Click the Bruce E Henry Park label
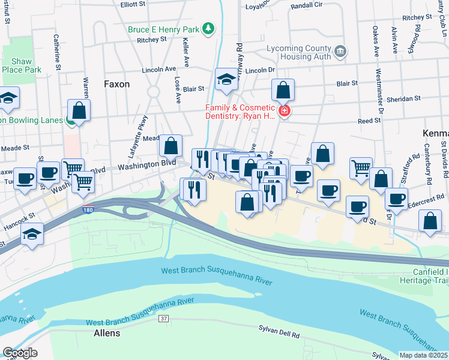click(163, 29)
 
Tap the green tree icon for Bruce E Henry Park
click(208, 28)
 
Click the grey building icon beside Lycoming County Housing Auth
click(340, 52)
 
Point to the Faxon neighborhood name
click(116, 84)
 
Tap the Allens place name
click(107, 333)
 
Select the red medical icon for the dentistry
click(283, 110)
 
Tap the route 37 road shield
click(163, 318)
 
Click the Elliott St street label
click(133, 4)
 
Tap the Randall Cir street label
click(307, 6)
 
